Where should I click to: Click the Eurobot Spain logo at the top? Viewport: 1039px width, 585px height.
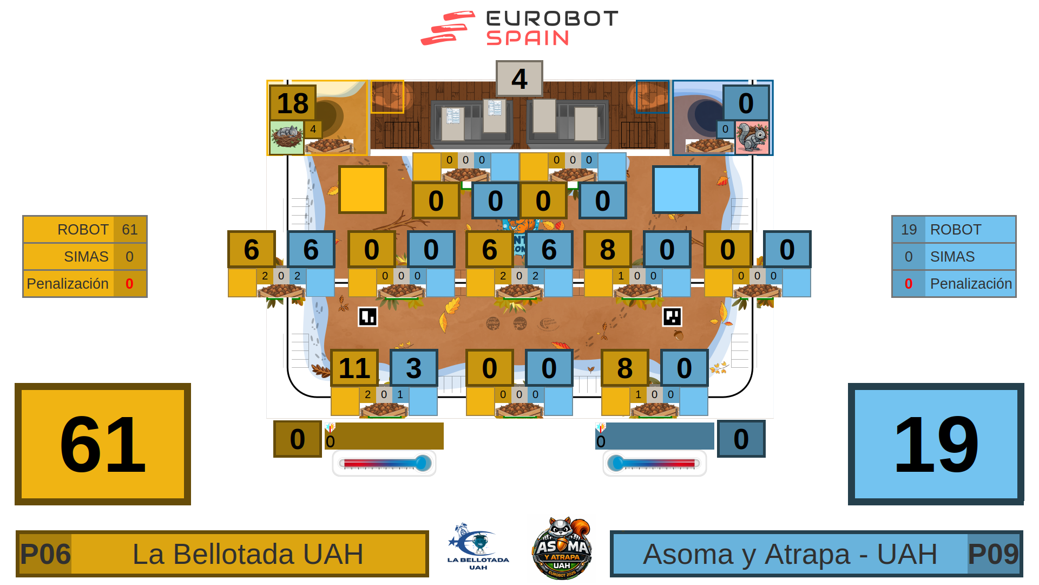pyautogui.click(x=519, y=28)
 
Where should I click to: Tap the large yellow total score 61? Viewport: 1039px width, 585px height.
pyautogui.click(x=103, y=444)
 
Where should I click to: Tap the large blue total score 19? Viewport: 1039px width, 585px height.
pyautogui.click(x=936, y=444)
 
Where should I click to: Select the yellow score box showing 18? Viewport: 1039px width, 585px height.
pyautogui.click(x=293, y=103)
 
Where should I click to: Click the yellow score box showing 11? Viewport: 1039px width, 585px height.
pyautogui.click(x=354, y=368)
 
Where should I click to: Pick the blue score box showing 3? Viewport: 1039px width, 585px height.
pyautogui.click(x=414, y=368)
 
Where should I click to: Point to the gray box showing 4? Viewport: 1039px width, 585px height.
pyautogui.click(x=519, y=79)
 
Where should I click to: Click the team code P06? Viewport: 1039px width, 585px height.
pyautogui.click(x=45, y=554)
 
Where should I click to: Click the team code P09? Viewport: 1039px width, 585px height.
pyautogui.click(x=993, y=554)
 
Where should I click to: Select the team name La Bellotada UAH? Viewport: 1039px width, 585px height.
pyautogui.click(x=248, y=554)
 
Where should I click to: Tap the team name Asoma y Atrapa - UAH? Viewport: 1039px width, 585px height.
pyautogui.click(x=790, y=554)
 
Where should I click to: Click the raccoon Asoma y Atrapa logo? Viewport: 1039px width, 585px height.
pyautogui.click(x=562, y=549)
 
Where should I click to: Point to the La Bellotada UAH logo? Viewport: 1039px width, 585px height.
pyautogui.click(x=478, y=547)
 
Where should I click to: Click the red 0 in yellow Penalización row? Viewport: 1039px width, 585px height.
pyautogui.click(x=129, y=284)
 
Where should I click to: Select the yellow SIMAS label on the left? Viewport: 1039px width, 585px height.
pyautogui.click(x=86, y=257)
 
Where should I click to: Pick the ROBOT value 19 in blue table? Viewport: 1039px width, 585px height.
pyautogui.click(x=909, y=230)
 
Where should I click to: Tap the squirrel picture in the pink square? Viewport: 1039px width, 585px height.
pyautogui.click(x=752, y=138)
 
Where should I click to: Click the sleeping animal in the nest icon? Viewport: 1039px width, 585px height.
pyautogui.click(x=287, y=138)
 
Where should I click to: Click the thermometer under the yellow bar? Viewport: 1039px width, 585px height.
pyautogui.click(x=384, y=463)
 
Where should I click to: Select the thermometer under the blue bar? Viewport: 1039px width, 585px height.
pyautogui.click(x=654, y=463)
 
